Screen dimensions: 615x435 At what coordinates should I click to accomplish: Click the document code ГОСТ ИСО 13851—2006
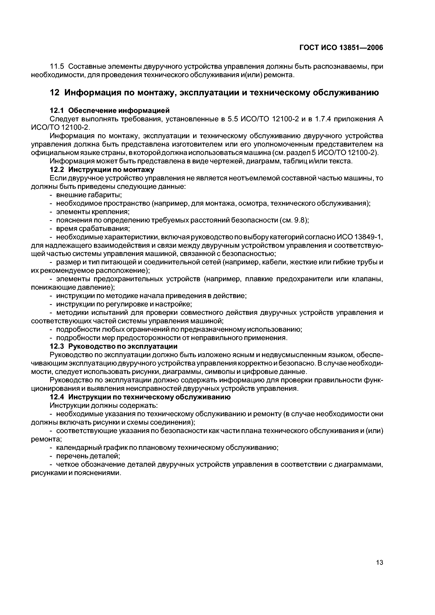coord(341,48)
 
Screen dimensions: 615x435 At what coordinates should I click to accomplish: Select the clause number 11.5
coord(57,66)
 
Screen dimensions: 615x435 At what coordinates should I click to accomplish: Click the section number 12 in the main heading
coord(55,93)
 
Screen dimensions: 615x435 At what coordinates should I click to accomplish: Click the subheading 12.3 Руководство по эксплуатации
coord(114,346)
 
